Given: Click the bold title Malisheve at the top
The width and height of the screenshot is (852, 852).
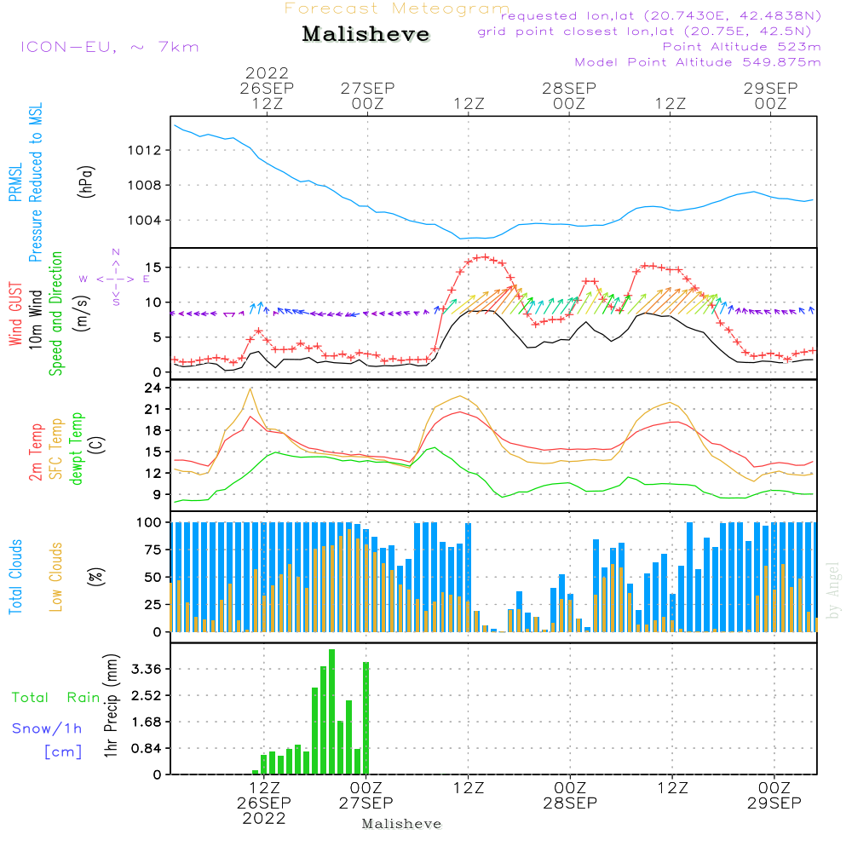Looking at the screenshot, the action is [366, 34].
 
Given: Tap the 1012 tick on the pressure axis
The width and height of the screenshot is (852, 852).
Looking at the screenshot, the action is [145, 151].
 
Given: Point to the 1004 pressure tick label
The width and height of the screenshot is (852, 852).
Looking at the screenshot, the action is [145, 221].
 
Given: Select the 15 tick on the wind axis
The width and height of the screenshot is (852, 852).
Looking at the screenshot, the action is [153, 268].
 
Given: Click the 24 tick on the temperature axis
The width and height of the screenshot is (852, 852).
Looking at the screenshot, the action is [153, 388].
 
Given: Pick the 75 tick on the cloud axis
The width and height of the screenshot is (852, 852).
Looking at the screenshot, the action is [153, 550].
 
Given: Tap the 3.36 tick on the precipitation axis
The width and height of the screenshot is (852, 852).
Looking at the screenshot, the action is [147, 669].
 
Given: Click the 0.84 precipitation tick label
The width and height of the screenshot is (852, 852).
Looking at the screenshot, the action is [147, 748].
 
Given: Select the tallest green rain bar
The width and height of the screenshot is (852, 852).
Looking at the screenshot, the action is [332, 711].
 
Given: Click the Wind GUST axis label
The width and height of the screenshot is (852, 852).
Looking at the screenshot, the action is [15, 314].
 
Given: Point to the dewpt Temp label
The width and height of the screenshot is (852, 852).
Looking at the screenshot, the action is [76, 448].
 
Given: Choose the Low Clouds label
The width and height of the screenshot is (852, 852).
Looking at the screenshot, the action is [55, 577].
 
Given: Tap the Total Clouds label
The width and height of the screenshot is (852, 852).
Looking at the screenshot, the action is [15, 577].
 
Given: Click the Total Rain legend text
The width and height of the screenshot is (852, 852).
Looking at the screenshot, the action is [56, 698].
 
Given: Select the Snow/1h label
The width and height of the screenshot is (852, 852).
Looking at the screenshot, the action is [47, 728].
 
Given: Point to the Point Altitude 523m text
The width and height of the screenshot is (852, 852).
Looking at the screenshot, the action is [742, 47].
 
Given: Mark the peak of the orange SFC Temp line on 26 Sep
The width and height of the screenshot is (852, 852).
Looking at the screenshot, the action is [250, 389].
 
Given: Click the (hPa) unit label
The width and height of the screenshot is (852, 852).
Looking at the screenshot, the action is [86, 181].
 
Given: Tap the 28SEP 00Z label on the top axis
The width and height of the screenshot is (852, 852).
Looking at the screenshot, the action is [569, 95].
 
